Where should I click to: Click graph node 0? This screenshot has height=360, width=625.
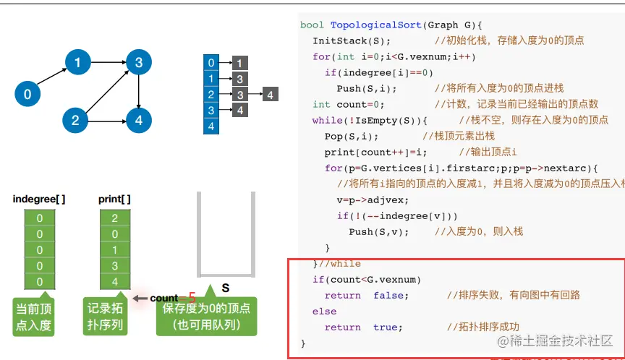point(27,94)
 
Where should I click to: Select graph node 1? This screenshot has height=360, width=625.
point(77,63)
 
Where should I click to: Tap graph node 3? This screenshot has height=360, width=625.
point(138,63)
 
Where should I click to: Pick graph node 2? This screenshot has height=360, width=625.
point(75,120)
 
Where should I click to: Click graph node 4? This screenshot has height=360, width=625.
point(138,120)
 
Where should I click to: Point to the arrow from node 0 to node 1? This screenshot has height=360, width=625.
point(52,78)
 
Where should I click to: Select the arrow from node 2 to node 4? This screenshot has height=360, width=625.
point(106,120)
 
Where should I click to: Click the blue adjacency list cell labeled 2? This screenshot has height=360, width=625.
point(211,95)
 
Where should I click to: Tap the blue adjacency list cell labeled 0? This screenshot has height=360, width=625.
point(211,63)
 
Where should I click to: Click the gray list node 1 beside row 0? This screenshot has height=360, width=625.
point(240,64)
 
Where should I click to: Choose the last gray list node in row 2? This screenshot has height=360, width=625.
point(269,95)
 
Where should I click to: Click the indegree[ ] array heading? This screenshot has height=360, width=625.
point(39,199)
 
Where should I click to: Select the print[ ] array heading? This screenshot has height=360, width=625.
point(115,199)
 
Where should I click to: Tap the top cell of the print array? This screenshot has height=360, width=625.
point(115,218)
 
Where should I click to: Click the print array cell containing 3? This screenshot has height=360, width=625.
point(115,266)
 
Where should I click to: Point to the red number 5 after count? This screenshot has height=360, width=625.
point(192,298)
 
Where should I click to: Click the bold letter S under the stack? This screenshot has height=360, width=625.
point(225,288)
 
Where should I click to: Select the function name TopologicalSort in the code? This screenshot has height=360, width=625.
point(369,25)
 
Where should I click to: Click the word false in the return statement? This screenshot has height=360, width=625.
point(391,295)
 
